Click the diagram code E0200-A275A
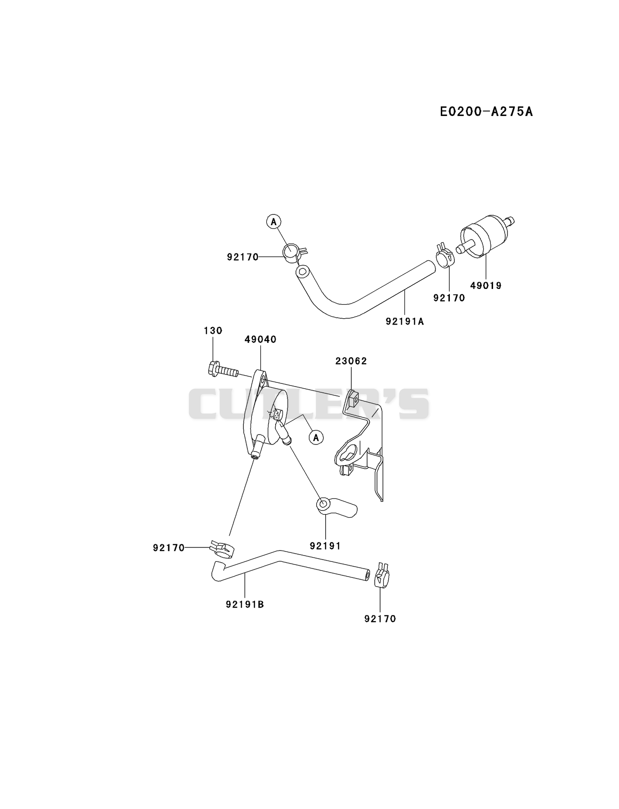pos(486,111)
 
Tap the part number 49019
pos(486,285)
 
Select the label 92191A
pos(405,321)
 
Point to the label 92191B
pos(245,605)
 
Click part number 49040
pos(260,339)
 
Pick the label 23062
pos(351,361)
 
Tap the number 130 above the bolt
pos(213,331)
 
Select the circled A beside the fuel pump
pos(317,437)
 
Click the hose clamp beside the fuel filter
pos(445,257)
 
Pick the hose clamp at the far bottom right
pos(381,576)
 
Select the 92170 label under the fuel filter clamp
pos(449,298)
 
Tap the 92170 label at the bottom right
pos(380,619)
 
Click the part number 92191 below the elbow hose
pos(325,546)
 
